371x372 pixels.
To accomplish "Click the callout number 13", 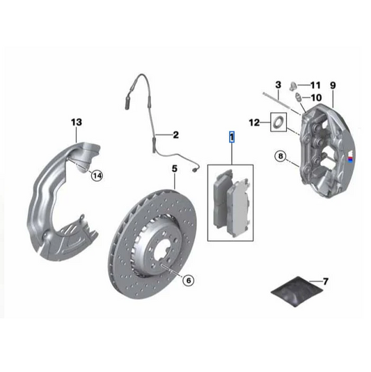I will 77,122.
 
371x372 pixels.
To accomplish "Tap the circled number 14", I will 97,176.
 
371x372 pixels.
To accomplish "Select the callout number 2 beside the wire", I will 175,134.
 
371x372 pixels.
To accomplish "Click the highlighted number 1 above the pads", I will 232,137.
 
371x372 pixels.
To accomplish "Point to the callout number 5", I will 175,168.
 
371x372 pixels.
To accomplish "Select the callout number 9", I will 333,85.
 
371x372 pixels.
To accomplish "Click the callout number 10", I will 315,98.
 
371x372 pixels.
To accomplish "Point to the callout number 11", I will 315,85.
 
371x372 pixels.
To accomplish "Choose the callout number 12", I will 255,123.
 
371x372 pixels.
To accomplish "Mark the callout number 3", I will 278,85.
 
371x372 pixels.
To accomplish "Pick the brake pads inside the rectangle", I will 232,201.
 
